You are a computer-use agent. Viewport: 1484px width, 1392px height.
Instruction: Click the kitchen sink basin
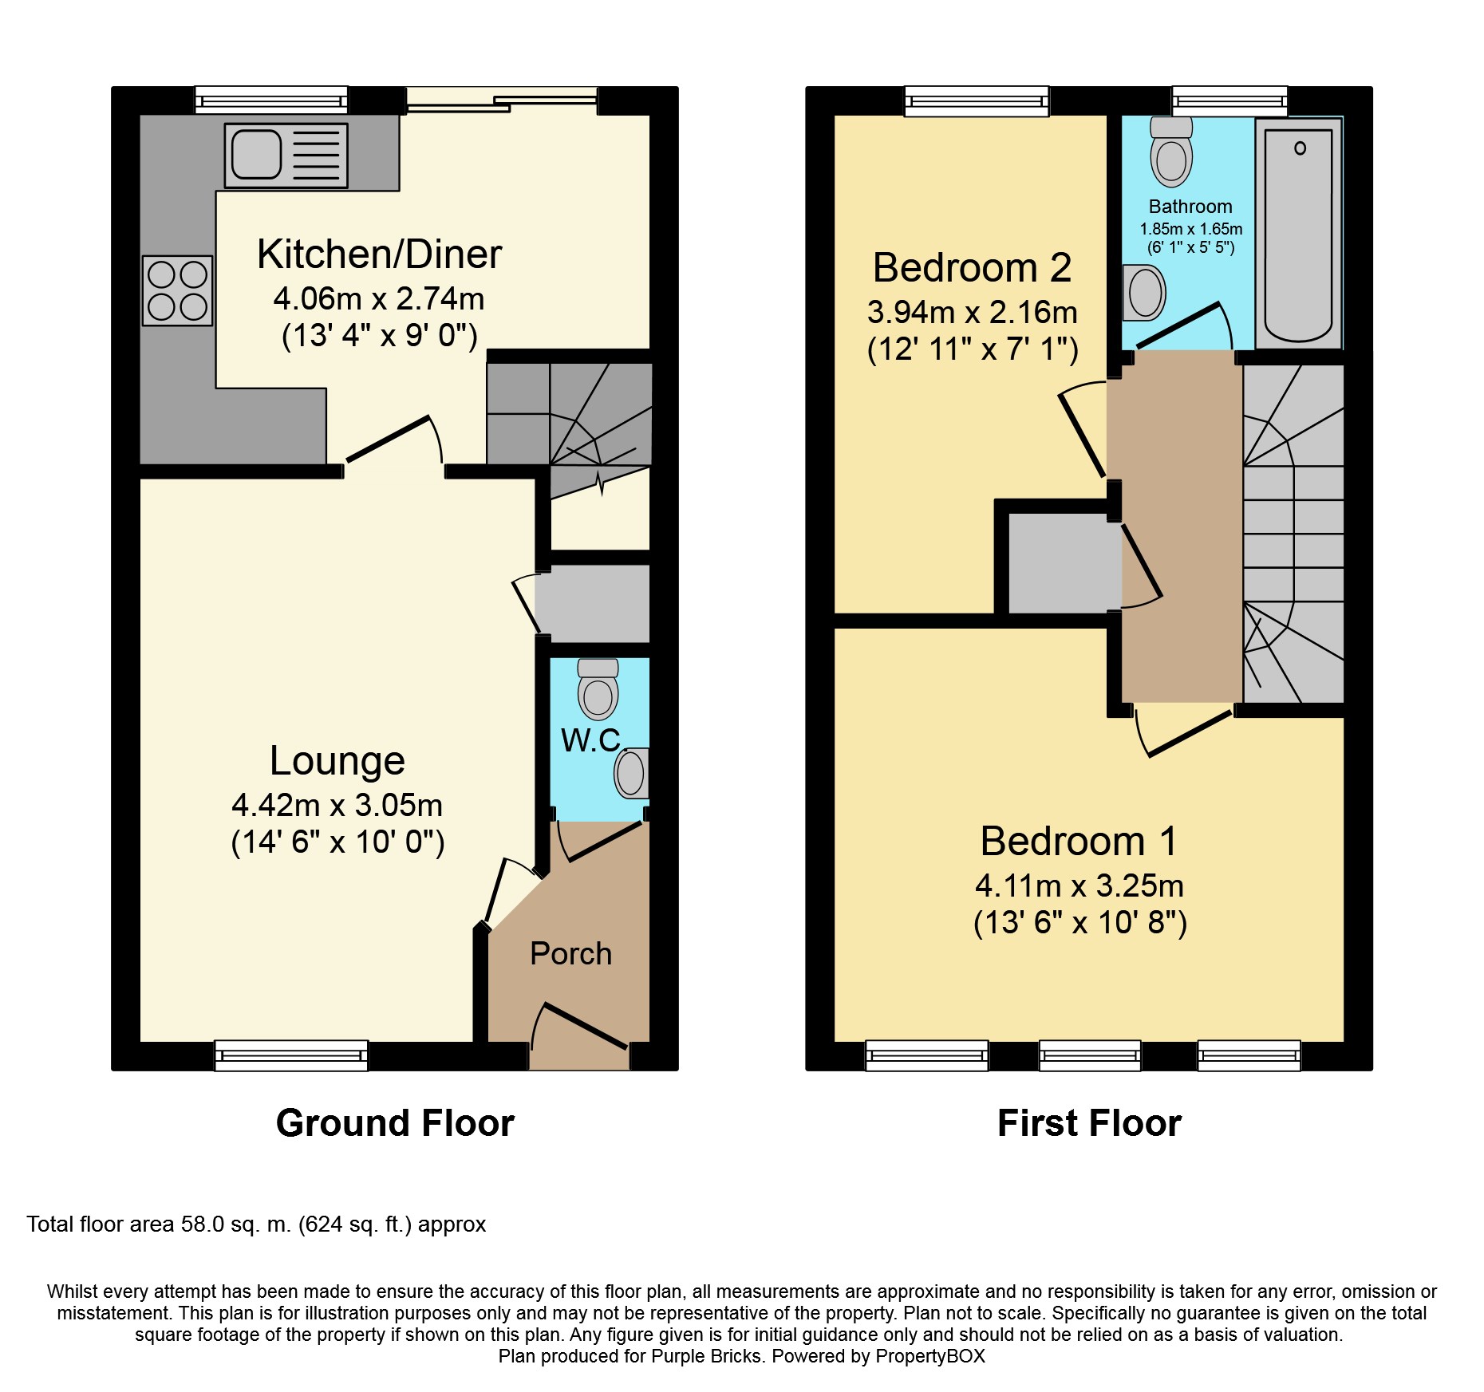click(x=256, y=154)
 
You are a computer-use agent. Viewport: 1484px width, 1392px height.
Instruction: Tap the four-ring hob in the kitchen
click(x=177, y=290)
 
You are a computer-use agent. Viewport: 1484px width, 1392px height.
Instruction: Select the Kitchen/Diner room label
click(x=379, y=254)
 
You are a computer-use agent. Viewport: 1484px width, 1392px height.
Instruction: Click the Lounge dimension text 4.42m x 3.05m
click(x=337, y=805)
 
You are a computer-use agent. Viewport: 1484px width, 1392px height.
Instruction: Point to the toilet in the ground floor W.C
click(x=598, y=691)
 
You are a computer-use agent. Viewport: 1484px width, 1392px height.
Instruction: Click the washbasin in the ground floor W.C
click(x=630, y=773)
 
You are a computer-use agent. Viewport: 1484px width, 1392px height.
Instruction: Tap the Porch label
click(x=570, y=953)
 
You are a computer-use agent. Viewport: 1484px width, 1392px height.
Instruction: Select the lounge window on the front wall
click(x=291, y=1055)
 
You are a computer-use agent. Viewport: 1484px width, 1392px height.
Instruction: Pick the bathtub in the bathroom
click(x=1297, y=235)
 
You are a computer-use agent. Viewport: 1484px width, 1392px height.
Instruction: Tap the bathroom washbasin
click(x=1144, y=293)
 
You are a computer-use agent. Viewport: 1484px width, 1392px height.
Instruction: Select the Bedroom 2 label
click(x=972, y=267)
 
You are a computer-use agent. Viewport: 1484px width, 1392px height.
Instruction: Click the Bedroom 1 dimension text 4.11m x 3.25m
click(x=1079, y=885)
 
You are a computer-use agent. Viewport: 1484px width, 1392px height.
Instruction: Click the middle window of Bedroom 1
click(x=1090, y=1055)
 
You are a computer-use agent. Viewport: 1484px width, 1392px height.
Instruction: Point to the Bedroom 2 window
click(x=976, y=101)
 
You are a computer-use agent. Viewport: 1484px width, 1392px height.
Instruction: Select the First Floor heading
click(x=1088, y=1123)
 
